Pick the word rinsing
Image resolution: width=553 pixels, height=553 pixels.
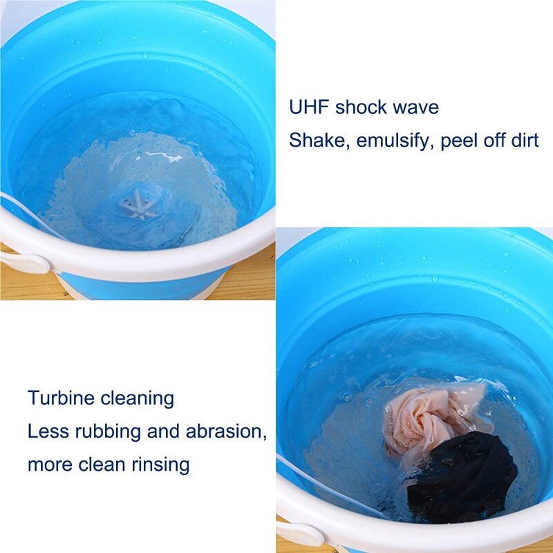coord(161,465)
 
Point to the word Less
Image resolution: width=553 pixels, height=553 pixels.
coord(47,431)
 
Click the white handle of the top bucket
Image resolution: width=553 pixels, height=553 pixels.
coord(24,262)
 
